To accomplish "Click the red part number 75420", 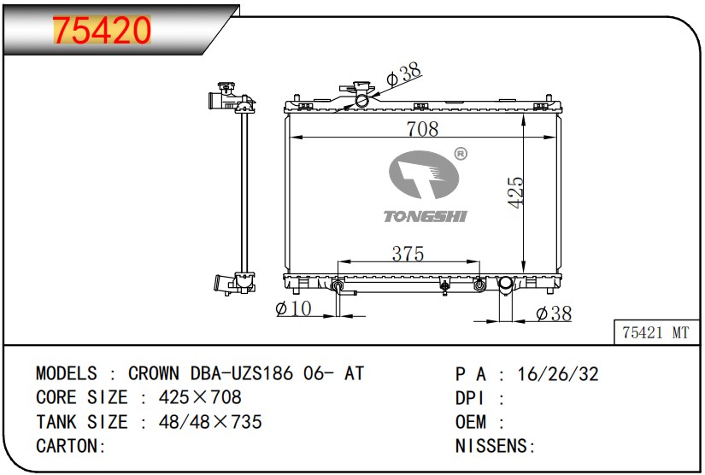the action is (x=102, y=30).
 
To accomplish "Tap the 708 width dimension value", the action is (x=422, y=129).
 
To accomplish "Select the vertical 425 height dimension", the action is (x=515, y=192).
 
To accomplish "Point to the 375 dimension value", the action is (x=408, y=254).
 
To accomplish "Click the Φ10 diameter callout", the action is (x=293, y=308).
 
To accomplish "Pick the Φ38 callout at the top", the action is (x=403, y=73).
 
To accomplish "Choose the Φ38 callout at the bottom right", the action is (x=554, y=314).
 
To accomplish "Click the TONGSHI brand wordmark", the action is (x=425, y=217).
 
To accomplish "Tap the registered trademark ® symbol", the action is (x=461, y=154).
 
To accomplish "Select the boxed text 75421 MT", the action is (x=655, y=332).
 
